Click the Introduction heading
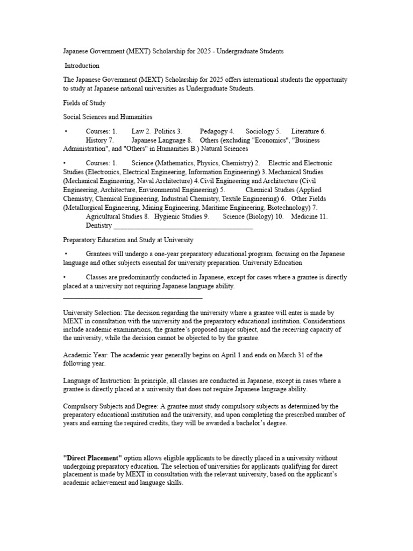coord(82,66)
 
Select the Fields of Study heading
coord(84,103)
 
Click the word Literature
coord(305,131)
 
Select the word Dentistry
coord(99,225)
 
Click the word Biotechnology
coord(286,208)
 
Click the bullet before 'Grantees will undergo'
coord(66,254)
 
